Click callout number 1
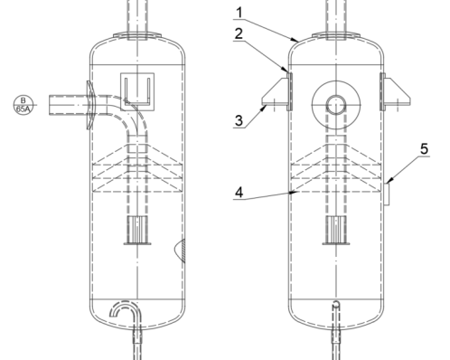click(x=239, y=13)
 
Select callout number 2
click(x=239, y=33)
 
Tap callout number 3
click(x=239, y=120)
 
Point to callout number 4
click(x=239, y=193)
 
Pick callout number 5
click(x=424, y=149)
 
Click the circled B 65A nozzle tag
click(x=23, y=105)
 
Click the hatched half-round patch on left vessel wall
click(x=180, y=251)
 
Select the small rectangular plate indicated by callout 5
click(x=387, y=194)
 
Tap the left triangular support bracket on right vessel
click(x=276, y=91)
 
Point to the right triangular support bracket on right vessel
click(x=397, y=91)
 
